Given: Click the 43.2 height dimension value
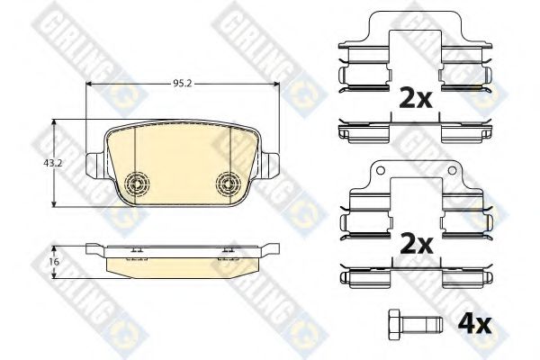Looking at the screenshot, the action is [53, 163].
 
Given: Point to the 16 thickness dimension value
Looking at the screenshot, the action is [54, 262].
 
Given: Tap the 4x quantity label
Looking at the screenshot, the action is [474, 325].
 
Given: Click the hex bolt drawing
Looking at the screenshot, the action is [415, 325].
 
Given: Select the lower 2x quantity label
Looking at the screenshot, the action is [416, 244].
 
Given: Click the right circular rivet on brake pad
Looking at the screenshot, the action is [228, 182].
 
